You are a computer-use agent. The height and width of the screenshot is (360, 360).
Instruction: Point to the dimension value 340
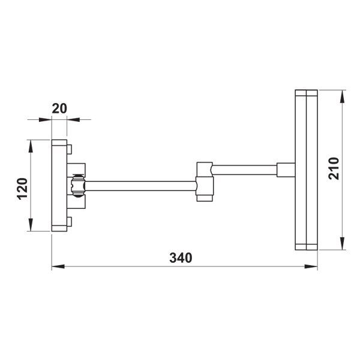[x=180, y=258]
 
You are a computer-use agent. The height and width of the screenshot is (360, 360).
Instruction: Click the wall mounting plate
[x=59, y=185]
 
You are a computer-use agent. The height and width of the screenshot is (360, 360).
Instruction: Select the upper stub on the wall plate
[x=70, y=148]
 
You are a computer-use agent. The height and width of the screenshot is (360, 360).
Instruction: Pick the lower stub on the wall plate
[x=70, y=221]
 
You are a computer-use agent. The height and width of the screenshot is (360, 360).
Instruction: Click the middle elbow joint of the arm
[x=205, y=181]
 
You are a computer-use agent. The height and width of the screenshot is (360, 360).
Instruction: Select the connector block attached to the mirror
[x=286, y=170]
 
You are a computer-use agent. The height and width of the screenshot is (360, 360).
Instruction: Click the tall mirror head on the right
[x=305, y=170]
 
